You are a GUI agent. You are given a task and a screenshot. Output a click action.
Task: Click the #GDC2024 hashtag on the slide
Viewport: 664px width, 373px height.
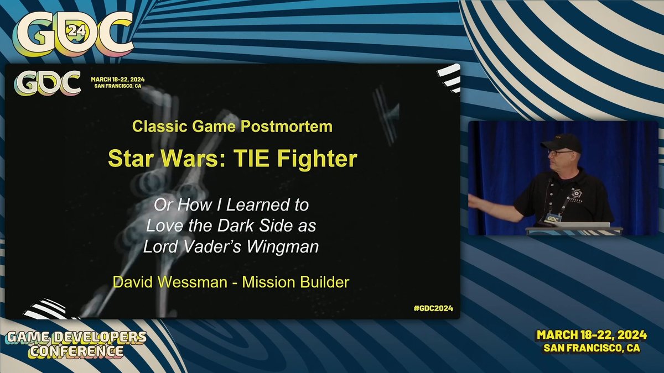(x=433, y=308)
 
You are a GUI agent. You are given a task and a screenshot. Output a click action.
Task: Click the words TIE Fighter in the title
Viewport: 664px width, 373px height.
(x=298, y=159)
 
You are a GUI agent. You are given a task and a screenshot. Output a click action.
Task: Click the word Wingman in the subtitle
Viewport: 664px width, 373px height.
(x=284, y=246)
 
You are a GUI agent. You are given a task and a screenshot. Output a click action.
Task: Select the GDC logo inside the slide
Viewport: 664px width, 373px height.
(x=48, y=83)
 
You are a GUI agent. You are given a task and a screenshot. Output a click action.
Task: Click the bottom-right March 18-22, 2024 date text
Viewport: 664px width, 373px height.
(x=590, y=335)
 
